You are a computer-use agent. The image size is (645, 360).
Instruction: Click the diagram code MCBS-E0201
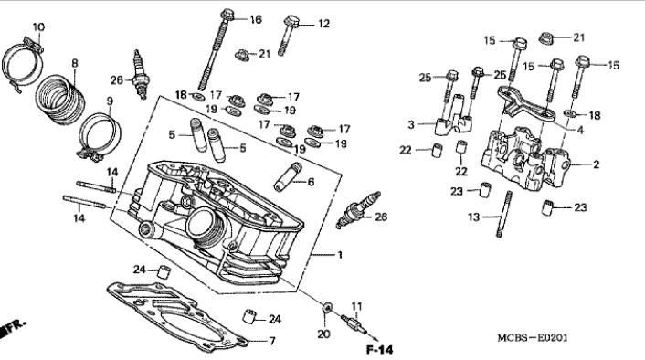pyautogui.click(x=533, y=338)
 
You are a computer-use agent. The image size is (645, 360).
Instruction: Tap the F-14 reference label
pyautogui.click(x=380, y=350)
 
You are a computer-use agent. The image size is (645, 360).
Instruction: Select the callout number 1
pyautogui.click(x=340, y=255)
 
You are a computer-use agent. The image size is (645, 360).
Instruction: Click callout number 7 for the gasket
pyautogui.click(x=272, y=341)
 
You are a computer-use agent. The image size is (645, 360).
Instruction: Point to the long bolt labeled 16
pyautogui.click(x=216, y=49)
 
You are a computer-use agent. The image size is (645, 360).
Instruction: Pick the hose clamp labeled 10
pyautogui.click(x=23, y=65)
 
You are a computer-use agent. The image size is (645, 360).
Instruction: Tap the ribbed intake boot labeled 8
pyautogui.click(x=61, y=99)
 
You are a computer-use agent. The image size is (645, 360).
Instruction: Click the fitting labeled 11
pyautogui.click(x=354, y=322)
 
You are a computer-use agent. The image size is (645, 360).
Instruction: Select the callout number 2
pyautogui.click(x=596, y=164)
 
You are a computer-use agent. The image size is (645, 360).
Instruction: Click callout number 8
pyautogui.click(x=74, y=63)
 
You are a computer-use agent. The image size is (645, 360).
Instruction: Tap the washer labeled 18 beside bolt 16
pyautogui.click(x=198, y=97)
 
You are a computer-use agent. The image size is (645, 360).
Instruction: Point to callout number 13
pyautogui.click(x=474, y=217)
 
